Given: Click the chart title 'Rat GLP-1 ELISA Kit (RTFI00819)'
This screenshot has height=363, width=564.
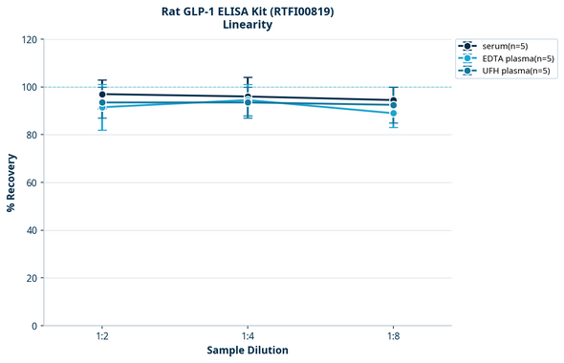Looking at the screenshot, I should (248, 11).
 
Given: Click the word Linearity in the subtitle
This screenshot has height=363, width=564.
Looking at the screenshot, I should (248, 25).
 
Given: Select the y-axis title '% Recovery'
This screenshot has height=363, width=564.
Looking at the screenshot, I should (11, 182).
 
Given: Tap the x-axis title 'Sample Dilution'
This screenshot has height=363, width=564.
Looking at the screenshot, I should (248, 351).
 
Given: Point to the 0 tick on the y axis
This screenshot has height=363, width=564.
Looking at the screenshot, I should (35, 326).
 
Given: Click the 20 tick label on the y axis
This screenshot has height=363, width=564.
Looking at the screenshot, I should (33, 278).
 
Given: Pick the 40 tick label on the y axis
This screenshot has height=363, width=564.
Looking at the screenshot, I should (33, 230).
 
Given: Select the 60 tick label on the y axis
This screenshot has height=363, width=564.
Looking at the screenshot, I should (33, 182).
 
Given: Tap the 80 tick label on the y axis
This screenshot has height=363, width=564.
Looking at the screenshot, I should (33, 135).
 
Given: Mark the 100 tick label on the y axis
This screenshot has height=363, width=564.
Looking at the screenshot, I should (30, 87).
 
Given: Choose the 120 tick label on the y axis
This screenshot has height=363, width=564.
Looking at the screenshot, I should (30, 39).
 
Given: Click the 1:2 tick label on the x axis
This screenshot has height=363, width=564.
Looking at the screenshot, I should (102, 337).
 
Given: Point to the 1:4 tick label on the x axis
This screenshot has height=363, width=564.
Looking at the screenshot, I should (248, 337).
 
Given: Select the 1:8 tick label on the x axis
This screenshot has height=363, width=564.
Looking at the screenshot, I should (393, 337).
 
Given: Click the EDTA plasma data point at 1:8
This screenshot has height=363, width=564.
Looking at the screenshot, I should (393, 114).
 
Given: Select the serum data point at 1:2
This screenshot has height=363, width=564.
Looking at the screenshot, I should (102, 95).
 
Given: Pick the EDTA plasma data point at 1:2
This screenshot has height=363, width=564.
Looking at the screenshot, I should (102, 107).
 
